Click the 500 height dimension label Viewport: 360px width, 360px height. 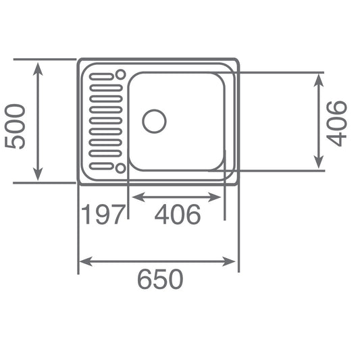[x=15, y=126]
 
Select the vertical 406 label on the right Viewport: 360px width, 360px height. [x=336, y=123]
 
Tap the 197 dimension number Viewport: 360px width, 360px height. [x=103, y=215]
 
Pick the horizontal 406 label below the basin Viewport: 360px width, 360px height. [x=177, y=215]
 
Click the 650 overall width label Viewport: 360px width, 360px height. [x=160, y=279]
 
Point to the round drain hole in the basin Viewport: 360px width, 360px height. [x=154, y=122]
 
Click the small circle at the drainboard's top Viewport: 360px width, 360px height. [x=120, y=74]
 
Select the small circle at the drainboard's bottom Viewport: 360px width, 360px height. [x=120, y=168]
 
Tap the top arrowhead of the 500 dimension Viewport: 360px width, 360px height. [x=38, y=66]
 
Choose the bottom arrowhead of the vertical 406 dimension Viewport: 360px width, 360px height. [x=319, y=164]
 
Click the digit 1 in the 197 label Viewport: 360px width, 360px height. [x=86, y=215]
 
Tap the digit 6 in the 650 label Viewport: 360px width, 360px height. [x=145, y=279]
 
